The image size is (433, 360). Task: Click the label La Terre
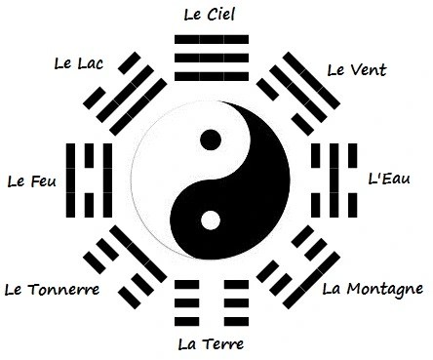[210, 343]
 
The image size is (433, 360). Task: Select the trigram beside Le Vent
[302, 91]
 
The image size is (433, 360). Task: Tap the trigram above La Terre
[210, 304]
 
